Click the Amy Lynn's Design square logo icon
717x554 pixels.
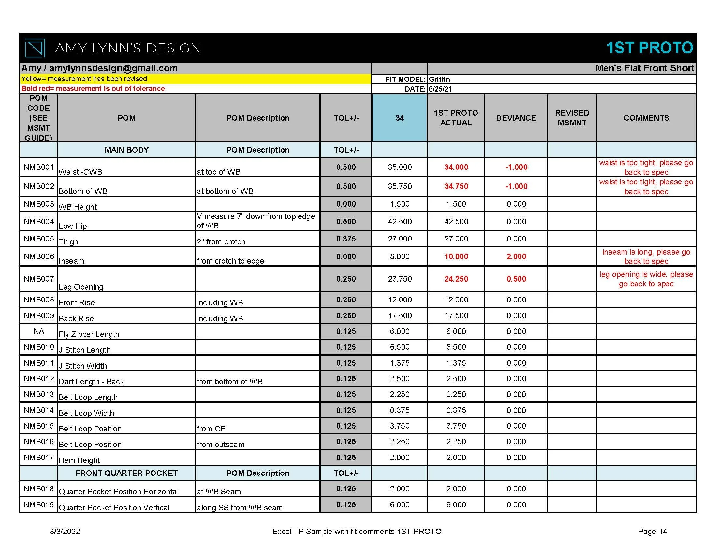pos(35,48)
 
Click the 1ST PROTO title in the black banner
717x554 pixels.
pos(649,48)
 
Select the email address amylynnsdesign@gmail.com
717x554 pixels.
pos(113,68)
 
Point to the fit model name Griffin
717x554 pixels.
pos(439,80)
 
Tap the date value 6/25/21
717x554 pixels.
pos(440,89)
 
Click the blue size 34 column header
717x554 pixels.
pos(400,118)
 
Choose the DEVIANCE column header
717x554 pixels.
pos(516,118)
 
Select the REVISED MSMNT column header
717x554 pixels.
pos(572,118)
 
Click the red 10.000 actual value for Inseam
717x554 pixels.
pos(456,256)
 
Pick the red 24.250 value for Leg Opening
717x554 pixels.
pos(456,279)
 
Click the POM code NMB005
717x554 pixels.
pos(39,239)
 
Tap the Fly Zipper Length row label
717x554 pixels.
pos(89,334)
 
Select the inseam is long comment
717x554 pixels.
pos(646,256)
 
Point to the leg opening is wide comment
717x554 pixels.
pos(646,279)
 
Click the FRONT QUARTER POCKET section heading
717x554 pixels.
pos(126,473)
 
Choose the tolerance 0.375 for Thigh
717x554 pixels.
pos(346,239)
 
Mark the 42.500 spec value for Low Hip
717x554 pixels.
pos(400,222)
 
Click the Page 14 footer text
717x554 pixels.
pos(652,532)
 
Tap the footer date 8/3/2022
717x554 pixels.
pos(65,532)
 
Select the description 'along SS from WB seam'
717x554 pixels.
pos(239,507)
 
